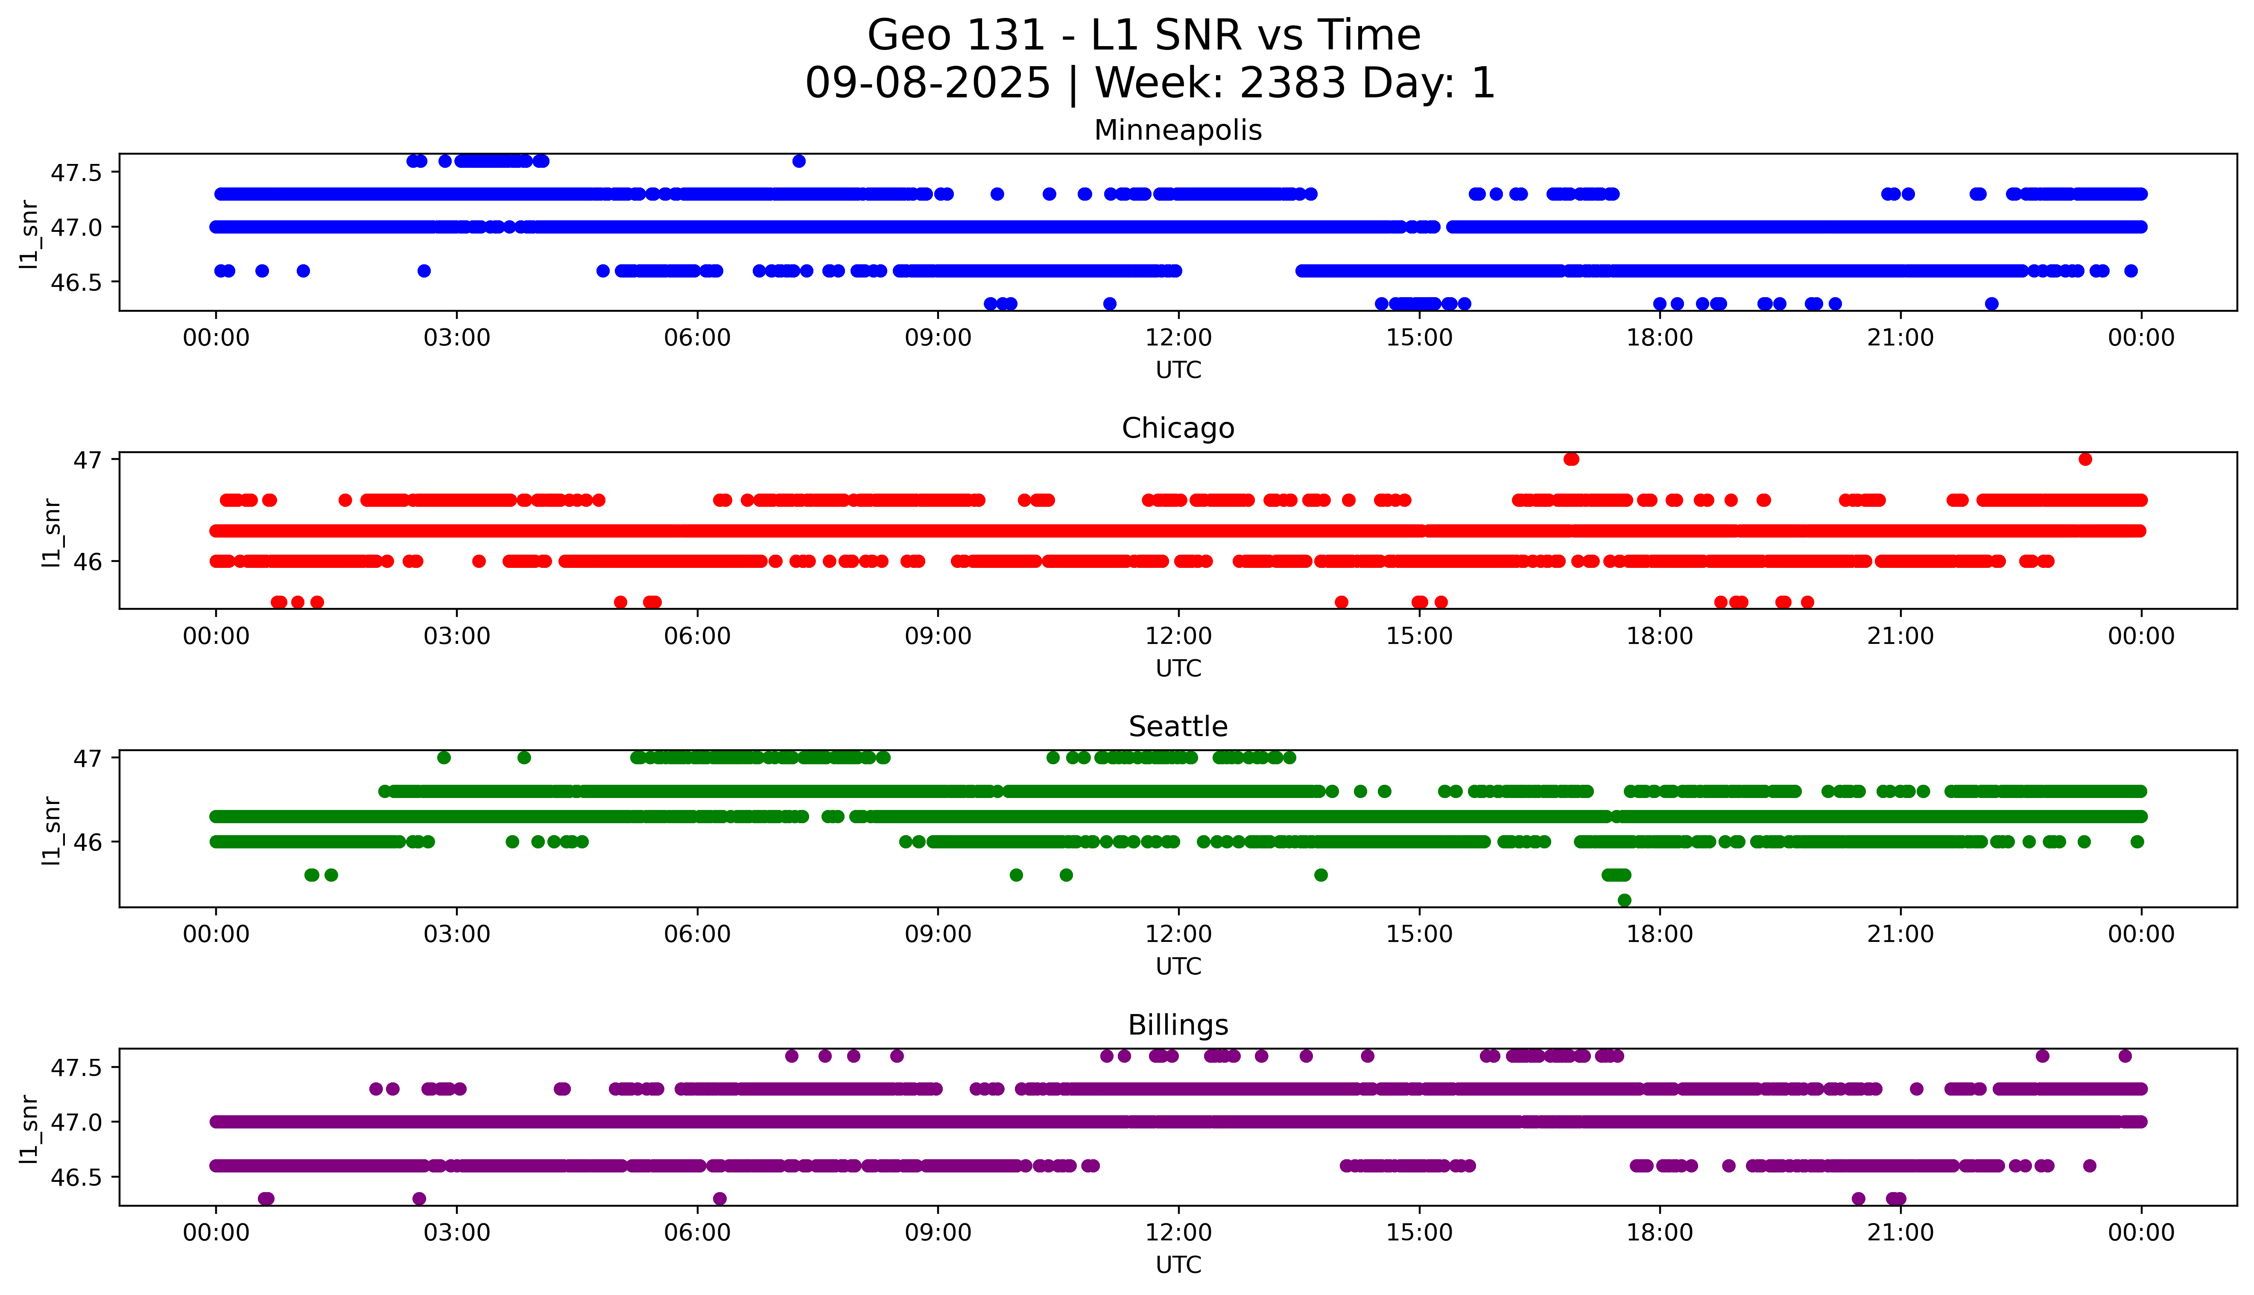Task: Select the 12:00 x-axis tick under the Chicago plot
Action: (1178, 636)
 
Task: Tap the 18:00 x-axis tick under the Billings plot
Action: (1659, 1233)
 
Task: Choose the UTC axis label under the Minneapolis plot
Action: (1178, 370)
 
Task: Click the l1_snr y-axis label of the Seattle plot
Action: (52, 830)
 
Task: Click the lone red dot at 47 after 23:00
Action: (2085, 459)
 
